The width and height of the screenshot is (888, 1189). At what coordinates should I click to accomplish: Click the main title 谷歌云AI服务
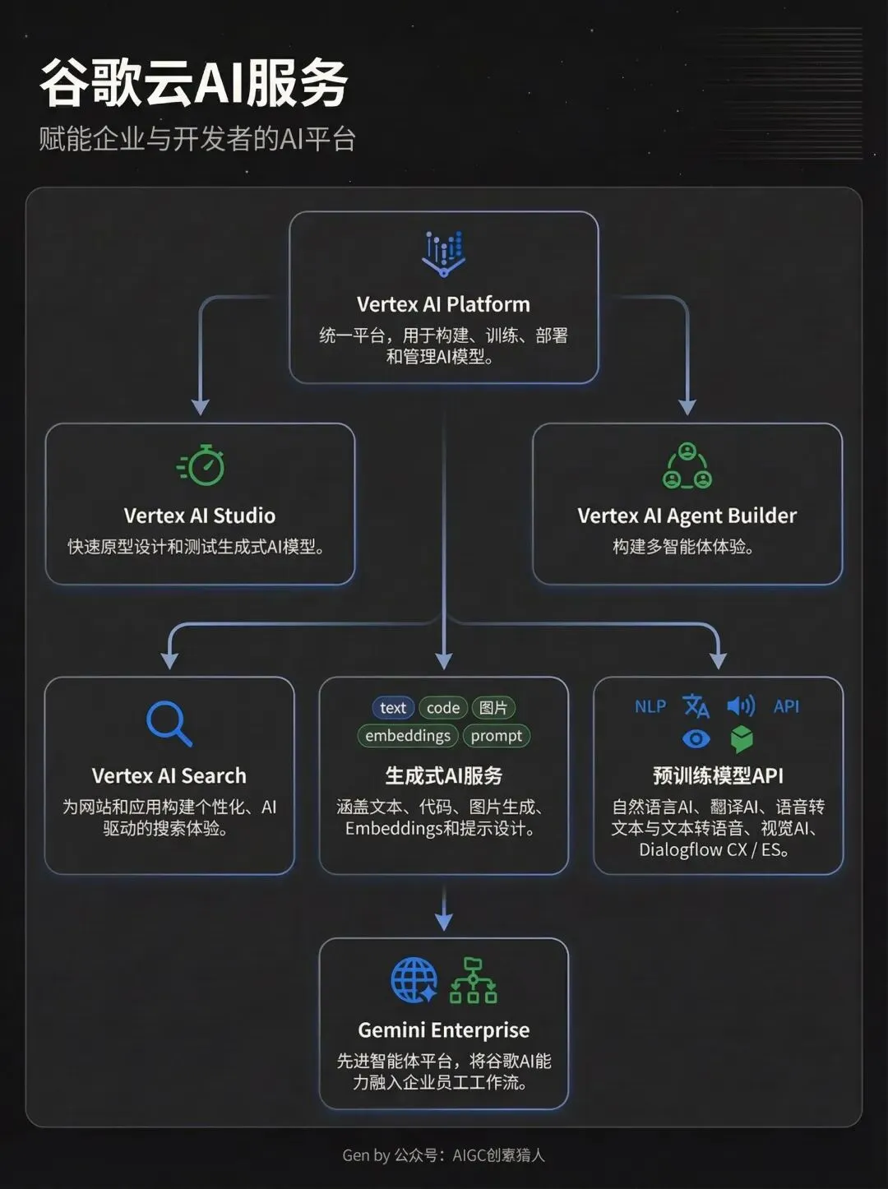click(194, 82)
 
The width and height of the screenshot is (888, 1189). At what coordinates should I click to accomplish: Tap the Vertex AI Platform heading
click(443, 304)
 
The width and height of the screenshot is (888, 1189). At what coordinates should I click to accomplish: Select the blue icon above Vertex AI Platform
click(443, 253)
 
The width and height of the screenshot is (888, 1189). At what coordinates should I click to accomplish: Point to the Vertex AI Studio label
click(200, 516)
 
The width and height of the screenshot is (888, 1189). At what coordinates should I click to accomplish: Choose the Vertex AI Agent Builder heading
click(687, 516)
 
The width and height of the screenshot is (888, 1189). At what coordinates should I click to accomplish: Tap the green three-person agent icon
click(687, 465)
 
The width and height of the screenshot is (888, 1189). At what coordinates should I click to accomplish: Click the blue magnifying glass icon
click(169, 724)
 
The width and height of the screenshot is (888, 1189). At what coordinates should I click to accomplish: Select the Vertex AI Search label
click(169, 775)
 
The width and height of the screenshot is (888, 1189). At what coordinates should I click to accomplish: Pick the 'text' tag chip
click(393, 708)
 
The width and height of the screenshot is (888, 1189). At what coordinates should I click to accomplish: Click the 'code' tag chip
click(443, 708)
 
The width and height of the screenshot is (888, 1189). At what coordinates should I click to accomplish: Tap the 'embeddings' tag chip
click(408, 736)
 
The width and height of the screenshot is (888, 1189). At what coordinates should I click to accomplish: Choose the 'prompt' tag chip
click(497, 736)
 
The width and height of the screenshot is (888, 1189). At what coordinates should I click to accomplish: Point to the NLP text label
click(650, 706)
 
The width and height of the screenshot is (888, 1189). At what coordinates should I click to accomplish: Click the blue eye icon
click(696, 738)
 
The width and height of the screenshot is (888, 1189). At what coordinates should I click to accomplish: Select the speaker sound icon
click(741, 706)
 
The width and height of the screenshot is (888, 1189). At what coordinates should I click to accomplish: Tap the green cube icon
click(742, 738)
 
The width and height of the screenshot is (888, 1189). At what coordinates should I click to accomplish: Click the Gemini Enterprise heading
click(444, 1030)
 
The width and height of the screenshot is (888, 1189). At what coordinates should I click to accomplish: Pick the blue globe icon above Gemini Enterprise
click(414, 980)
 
